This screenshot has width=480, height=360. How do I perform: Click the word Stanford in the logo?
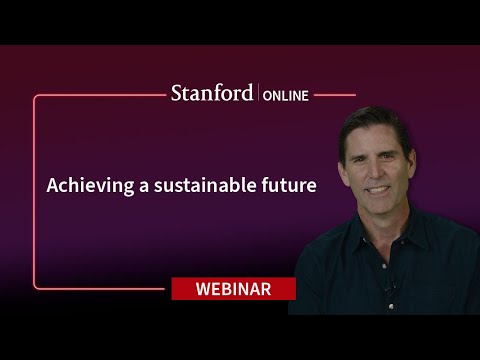click(212, 94)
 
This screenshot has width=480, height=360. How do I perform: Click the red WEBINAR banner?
click(233, 289)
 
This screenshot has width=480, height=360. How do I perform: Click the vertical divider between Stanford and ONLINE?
click(259, 94)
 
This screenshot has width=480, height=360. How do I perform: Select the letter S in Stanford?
click(177, 94)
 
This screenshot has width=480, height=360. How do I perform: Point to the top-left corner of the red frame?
click(35, 96)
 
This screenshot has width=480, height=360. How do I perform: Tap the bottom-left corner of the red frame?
click(35, 288)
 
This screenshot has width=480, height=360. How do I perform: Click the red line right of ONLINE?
click(335, 95)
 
